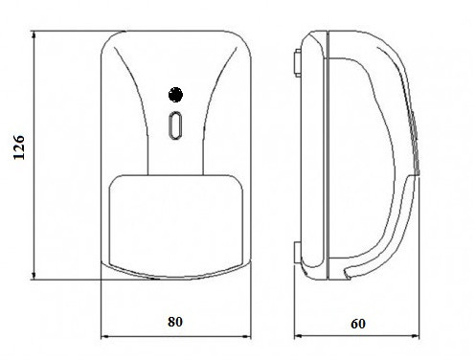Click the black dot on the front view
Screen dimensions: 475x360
(x=175, y=95)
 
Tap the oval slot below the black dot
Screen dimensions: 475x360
(x=175, y=125)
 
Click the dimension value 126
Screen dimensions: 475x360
(x=19, y=147)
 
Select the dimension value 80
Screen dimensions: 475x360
(x=175, y=322)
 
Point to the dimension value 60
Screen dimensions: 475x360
(x=358, y=324)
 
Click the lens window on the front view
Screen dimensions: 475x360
(x=176, y=226)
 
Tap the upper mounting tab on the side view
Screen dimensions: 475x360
(x=297, y=63)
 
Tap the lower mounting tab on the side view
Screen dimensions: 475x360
(x=297, y=253)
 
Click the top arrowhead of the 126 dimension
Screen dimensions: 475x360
(x=34, y=35)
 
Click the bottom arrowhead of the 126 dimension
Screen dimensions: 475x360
(x=34, y=276)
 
